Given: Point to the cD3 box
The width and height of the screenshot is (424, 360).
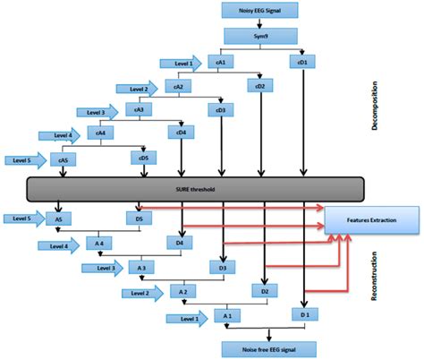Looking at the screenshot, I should [x=220, y=110].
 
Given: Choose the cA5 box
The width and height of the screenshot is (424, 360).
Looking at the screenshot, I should [x=64, y=159].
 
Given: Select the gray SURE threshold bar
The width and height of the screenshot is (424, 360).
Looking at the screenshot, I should [x=196, y=189].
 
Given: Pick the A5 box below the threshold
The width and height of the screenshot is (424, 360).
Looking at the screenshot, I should [x=59, y=218].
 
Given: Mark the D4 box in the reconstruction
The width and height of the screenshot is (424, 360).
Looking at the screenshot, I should [x=179, y=243].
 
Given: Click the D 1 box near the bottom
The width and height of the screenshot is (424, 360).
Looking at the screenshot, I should [x=306, y=315].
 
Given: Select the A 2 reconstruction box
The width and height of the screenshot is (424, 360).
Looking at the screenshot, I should [x=182, y=292].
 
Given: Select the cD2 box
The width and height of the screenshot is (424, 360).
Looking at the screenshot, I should [x=260, y=86].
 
